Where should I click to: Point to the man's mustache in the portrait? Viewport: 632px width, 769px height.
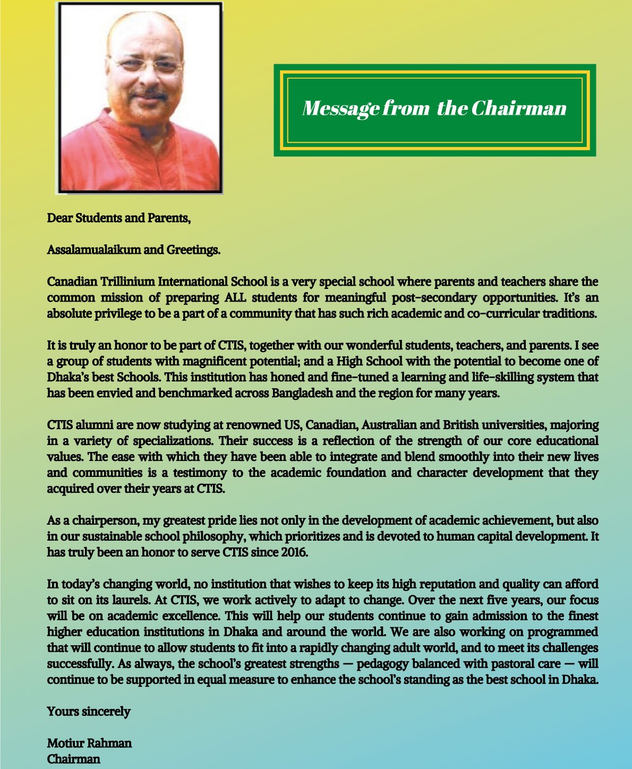point(147,95)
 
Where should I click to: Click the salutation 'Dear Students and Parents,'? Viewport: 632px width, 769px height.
point(118,218)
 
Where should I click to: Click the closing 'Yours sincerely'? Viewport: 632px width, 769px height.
point(88,712)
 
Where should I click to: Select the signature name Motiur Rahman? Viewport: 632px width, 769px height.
point(89,743)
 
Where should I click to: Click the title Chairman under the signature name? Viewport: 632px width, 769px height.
point(73,759)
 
